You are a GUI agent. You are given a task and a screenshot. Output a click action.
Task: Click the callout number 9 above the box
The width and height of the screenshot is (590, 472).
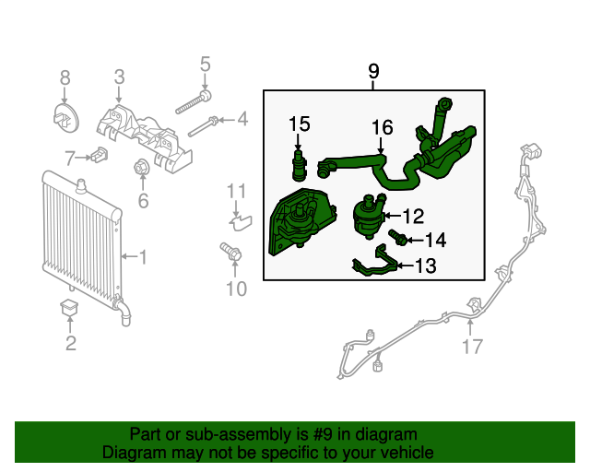click(x=373, y=71)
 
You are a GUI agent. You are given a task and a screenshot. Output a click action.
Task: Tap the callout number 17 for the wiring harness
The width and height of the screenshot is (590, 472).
click(x=472, y=348)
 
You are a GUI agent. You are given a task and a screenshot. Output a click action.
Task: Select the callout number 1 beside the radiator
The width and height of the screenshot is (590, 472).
click(x=142, y=255)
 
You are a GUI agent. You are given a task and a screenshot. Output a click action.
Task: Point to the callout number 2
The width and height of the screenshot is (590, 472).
click(x=70, y=345)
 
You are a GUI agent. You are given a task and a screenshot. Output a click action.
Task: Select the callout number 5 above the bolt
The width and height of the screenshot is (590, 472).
click(x=206, y=65)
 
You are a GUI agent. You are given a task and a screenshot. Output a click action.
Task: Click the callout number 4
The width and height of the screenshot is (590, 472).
click(x=242, y=119)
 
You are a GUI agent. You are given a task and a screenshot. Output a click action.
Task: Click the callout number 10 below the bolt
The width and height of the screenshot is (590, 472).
click(x=236, y=290)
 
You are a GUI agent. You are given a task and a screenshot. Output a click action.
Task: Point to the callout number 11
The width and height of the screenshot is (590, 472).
click(x=237, y=192)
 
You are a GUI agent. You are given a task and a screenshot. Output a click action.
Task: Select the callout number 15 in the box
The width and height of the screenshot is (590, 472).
click(x=299, y=124)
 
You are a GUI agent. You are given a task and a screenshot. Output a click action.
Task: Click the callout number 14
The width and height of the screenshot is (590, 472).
click(x=435, y=240)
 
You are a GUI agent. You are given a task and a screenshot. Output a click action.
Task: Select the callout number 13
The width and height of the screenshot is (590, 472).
click(x=425, y=267)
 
